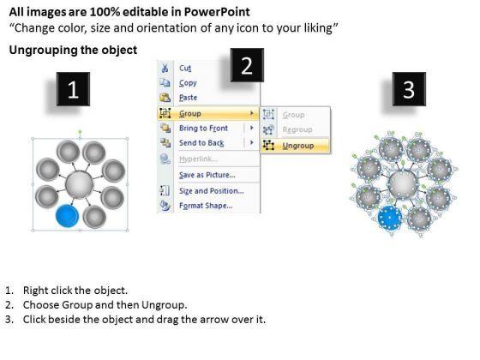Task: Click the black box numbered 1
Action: coord(73,89)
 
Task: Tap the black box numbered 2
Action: coord(247,65)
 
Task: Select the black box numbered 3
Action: coord(409,89)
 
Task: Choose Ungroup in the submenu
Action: coord(298,146)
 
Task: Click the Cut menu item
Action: coord(185,68)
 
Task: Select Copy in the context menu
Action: coord(188,82)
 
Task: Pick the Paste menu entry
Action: coord(189,98)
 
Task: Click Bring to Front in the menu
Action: coord(204,128)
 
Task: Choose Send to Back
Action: coord(201,142)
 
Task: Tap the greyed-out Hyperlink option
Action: coord(198,159)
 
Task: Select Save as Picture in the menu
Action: coord(207,175)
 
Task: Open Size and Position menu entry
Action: coord(212,190)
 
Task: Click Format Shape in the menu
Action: coord(206,206)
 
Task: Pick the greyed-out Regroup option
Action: coord(297,129)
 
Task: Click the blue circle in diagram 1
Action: coord(68,215)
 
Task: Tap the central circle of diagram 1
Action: coord(79,184)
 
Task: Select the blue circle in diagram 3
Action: coord(389,218)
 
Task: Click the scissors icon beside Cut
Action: coord(165,68)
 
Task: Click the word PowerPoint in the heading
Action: coord(217,12)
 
